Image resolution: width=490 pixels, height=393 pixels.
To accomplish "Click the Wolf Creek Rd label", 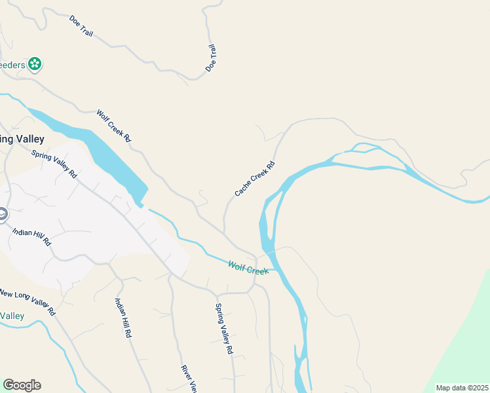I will (x=114, y=126).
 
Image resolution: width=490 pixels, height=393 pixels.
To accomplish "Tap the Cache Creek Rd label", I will (x=254, y=178).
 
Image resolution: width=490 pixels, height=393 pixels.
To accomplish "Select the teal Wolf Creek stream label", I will (x=248, y=267).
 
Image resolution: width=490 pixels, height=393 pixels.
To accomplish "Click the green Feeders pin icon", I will (x=35, y=64).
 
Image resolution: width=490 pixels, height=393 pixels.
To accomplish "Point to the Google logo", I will (x=22, y=385).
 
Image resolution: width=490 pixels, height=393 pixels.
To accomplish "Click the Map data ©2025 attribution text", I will (x=462, y=388).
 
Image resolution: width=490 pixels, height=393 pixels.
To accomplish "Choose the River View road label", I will (x=189, y=379).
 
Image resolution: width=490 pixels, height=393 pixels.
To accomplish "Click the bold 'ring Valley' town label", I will (x=22, y=139).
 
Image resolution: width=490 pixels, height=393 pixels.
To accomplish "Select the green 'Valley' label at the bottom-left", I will (x=12, y=316).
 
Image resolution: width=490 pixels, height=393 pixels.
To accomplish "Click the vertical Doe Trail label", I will (x=210, y=58).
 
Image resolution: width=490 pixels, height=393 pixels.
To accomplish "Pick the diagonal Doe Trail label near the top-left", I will (x=81, y=26).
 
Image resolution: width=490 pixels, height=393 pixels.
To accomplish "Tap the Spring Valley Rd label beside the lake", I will (x=54, y=164).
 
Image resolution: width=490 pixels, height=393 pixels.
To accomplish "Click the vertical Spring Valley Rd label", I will (x=224, y=329).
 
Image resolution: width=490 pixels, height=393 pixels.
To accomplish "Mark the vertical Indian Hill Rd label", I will (x=123, y=318).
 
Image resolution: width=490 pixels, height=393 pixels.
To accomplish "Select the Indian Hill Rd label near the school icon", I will (x=31, y=236).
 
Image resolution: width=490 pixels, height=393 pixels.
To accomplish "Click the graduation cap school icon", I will (x=2, y=214).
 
